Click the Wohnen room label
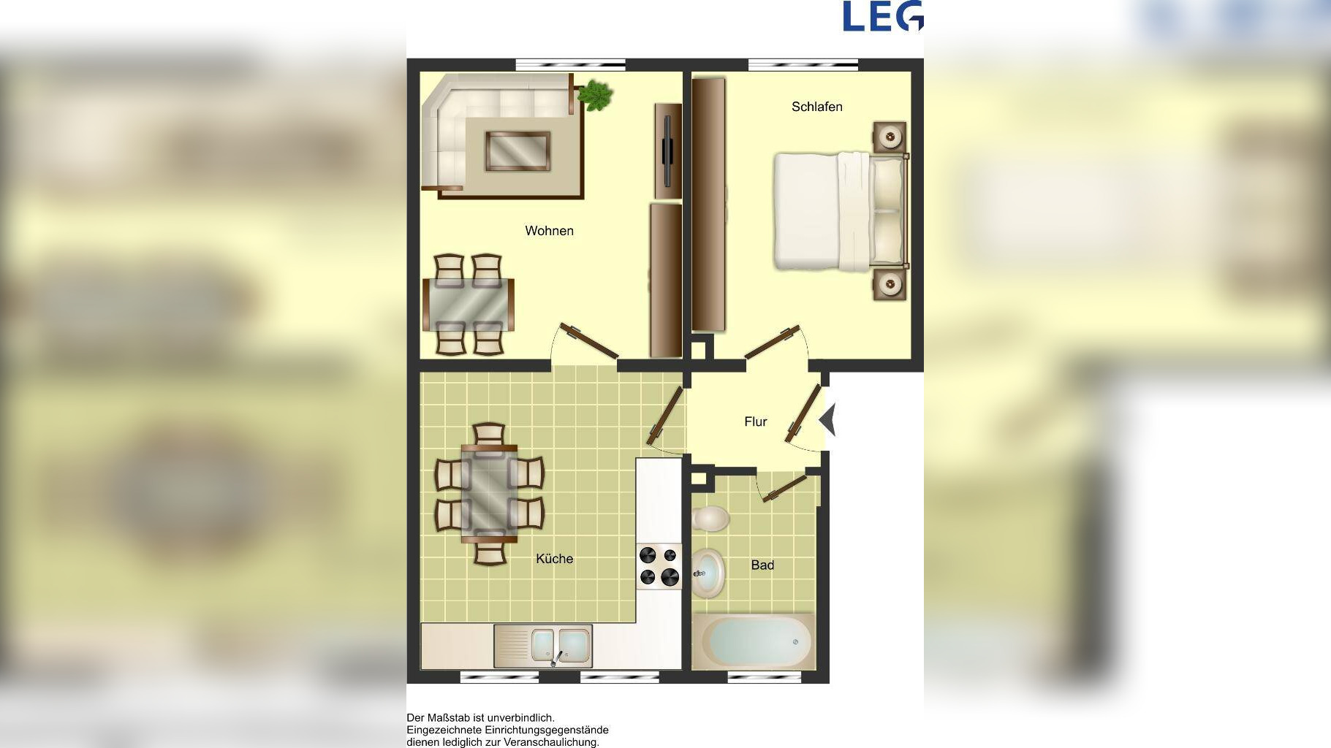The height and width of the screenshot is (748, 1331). [x=549, y=231]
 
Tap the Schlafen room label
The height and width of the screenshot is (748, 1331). [x=817, y=107]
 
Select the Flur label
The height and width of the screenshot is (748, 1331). [x=756, y=421]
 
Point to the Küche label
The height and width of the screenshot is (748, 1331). [x=554, y=559]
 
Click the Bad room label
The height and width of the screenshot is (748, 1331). [x=762, y=565]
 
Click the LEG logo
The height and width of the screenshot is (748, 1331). [x=883, y=16]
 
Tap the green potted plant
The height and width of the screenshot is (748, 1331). [x=596, y=96]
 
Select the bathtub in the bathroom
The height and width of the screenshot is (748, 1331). [x=753, y=641]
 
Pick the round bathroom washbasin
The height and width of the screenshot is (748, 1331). [x=708, y=573]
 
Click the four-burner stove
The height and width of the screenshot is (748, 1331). [x=659, y=566]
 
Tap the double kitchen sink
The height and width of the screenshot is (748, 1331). [x=543, y=646]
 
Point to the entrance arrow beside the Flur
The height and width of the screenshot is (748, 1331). [x=827, y=421]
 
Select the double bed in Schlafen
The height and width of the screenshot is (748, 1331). [x=841, y=211]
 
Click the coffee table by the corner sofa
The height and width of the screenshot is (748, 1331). [x=517, y=151]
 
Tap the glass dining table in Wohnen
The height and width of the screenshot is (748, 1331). [x=469, y=305]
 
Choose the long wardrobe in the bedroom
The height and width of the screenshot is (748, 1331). [x=709, y=205]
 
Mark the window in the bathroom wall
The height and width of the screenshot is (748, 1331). [x=764, y=678]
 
